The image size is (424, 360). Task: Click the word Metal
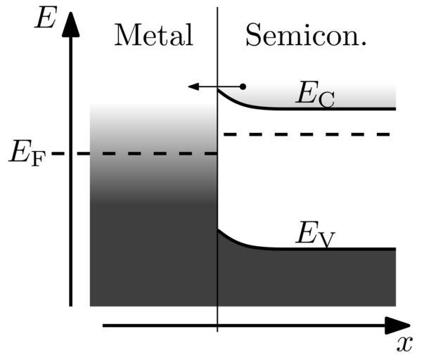tap(153, 35)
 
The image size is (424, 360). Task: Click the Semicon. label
tap(306, 36)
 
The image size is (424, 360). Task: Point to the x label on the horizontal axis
tap(404, 344)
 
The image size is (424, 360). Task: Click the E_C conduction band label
tap(314, 94)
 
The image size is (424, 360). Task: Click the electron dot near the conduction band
tap(243, 86)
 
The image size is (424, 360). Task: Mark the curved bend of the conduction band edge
tap(236, 101)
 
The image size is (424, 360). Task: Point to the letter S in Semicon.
tap(253, 35)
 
